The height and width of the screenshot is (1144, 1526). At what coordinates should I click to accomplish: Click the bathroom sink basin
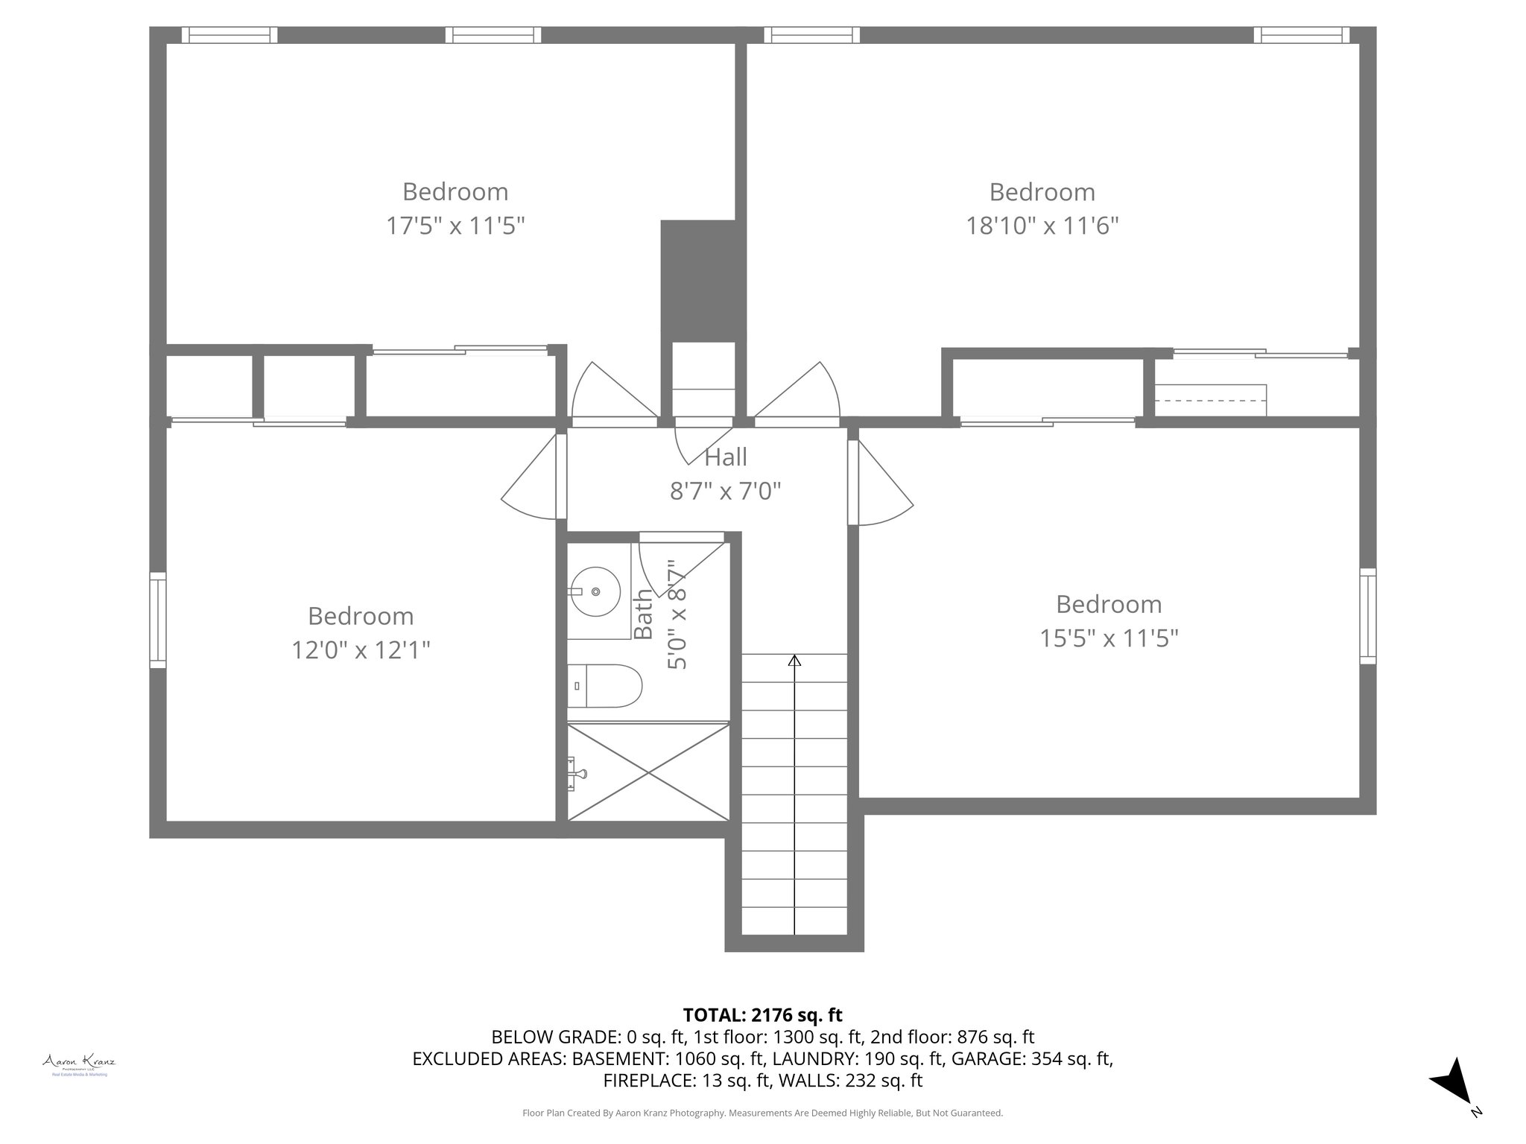595,591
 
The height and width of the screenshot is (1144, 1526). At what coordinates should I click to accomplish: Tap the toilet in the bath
605,686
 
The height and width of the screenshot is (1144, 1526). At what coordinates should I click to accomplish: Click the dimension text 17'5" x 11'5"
455,226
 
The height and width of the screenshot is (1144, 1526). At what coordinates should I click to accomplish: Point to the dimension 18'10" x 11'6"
1042,226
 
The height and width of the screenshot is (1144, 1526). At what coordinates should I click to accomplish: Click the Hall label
725,457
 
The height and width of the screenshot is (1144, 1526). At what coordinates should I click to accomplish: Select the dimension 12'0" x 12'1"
361,650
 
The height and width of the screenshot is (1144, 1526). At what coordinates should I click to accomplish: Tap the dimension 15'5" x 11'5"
1109,638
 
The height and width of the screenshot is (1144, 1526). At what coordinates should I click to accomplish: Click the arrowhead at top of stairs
794,660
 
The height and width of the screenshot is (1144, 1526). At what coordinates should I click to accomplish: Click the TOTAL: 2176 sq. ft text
762,1014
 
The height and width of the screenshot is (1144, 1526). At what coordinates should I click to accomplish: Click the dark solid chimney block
703,281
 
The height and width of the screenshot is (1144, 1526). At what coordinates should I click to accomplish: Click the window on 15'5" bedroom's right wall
1367,615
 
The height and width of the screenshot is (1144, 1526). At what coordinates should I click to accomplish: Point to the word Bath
643,614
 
